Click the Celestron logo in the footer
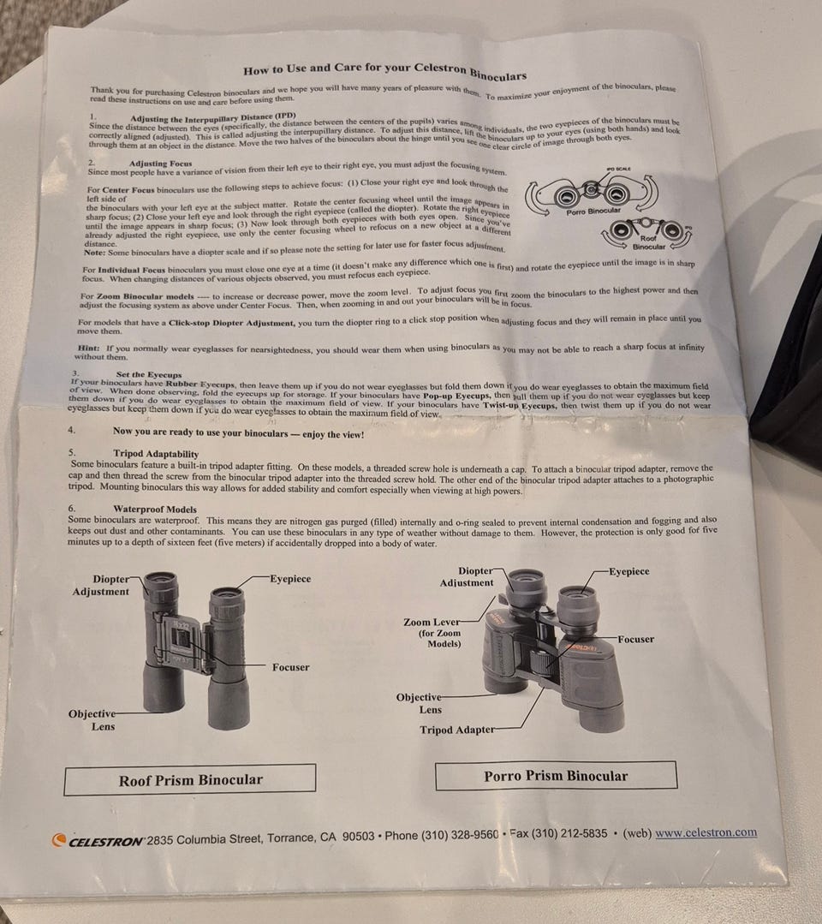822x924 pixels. [98, 841]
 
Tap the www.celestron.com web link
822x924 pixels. [706, 832]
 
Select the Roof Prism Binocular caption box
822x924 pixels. [190, 779]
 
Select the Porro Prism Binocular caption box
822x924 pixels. [556, 776]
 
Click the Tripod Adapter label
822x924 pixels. [457, 730]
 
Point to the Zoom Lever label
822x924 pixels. [432, 623]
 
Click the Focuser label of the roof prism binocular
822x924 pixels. [290, 667]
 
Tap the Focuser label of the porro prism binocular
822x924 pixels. [636, 639]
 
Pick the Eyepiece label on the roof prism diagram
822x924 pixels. [290, 579]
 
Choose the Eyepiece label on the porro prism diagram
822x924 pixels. [629, 571]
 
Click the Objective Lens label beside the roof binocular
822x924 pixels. [92, 720]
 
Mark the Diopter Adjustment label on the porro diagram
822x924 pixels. [467, 577]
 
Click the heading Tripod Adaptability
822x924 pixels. [156, 454]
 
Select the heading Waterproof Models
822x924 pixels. [155, 510]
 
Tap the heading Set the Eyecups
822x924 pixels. [149, 374]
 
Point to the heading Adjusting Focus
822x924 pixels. [160, 164]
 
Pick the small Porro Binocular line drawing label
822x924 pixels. [593, 211]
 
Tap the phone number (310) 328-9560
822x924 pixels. [460, 836]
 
